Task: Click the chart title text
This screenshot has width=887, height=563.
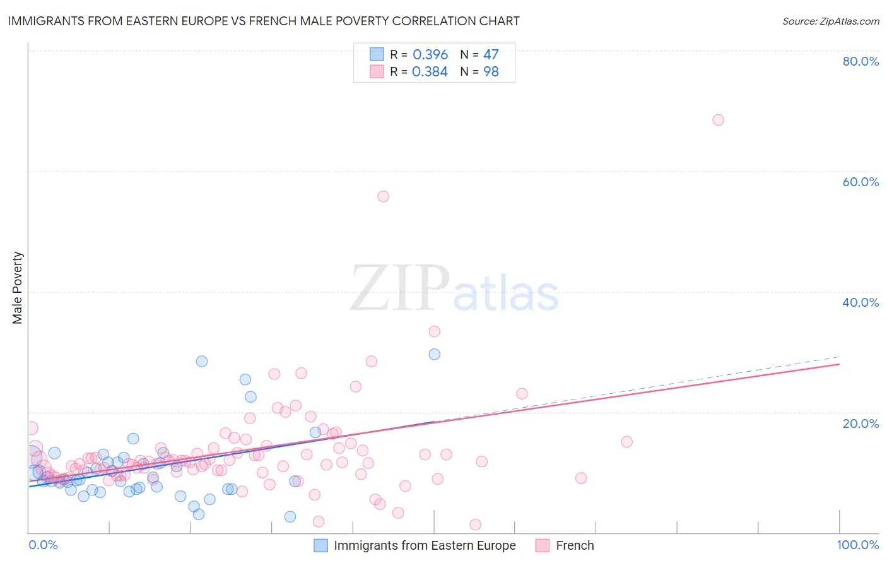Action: point(264,21)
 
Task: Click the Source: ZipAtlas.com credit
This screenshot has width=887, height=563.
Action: point(830,21)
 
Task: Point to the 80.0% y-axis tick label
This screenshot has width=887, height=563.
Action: point(861,61)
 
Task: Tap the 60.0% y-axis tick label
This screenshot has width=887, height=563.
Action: point(861,182)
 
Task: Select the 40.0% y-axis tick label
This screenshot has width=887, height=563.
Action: point(861,302)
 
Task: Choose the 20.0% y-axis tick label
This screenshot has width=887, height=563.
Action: point(861,424)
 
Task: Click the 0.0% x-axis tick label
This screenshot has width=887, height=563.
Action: point(43,545)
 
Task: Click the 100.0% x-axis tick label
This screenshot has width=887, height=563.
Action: point(857,545)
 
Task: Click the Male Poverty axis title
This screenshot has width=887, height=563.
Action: point(18,288)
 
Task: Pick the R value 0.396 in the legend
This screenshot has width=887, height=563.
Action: point(430,55)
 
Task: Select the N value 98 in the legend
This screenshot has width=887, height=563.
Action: point(491,72)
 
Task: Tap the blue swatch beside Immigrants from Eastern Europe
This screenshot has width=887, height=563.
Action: point(321,545)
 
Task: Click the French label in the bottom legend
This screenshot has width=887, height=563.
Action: point(575,545)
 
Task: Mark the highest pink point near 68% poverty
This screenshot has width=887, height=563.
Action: point(718,120)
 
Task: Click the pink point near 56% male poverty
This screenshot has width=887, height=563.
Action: point(383,196)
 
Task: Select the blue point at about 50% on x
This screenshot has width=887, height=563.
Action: point(434,354)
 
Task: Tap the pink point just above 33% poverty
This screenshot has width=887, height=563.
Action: point(434,331)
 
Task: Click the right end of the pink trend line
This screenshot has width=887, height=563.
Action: point(839,364)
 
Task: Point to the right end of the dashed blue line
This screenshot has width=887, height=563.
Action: point(839,357)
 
